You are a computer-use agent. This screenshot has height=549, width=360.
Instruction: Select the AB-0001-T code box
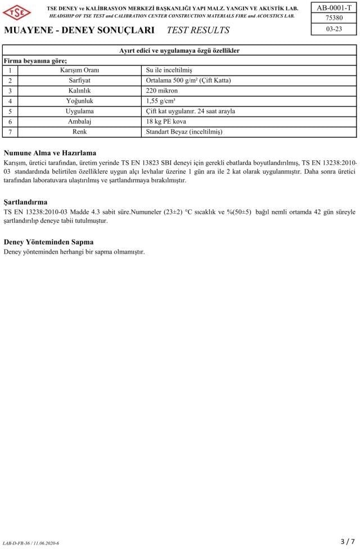(334, 7)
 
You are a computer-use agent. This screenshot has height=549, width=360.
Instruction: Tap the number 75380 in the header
(334, 18)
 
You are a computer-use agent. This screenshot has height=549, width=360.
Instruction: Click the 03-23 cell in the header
(334, 29)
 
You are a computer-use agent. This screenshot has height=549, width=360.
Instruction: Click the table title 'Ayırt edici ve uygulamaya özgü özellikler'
(179, 51)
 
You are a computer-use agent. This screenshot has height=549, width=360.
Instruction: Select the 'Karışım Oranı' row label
(79, 70)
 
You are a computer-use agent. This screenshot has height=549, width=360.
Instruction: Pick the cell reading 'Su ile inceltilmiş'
(169, 70)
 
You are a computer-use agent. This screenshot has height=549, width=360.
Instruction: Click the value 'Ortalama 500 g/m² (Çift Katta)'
(188, 80)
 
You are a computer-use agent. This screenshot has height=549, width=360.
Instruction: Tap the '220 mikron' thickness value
(162, 91)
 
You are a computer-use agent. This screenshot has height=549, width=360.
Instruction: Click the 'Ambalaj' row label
(79, 121)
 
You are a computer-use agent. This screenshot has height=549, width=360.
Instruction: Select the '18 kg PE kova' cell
(166, 121)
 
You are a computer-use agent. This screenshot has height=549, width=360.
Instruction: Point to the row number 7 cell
(10, 132)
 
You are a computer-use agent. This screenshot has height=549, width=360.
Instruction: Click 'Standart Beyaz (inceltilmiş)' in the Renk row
(184, 132)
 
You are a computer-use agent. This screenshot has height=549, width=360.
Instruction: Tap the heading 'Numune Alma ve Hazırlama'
(50, 153)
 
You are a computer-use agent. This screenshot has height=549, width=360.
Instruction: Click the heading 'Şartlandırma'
(25, 201)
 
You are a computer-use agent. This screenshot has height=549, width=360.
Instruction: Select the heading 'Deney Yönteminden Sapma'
(48, 242)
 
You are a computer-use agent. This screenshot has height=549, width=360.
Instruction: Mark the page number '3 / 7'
(348, 541)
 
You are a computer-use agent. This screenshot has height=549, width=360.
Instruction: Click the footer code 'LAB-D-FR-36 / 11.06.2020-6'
(31, 543)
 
